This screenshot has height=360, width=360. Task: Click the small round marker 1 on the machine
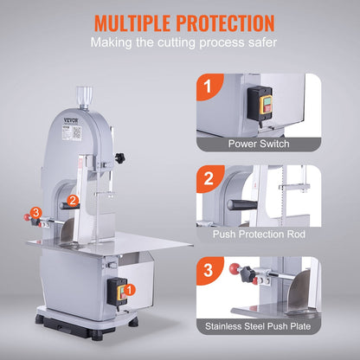(x=130, y=292)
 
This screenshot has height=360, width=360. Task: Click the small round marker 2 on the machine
(x=75, y=200)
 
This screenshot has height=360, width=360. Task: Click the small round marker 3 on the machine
(x=36, y=213)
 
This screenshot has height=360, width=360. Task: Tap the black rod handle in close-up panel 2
(x=244, y=204)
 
